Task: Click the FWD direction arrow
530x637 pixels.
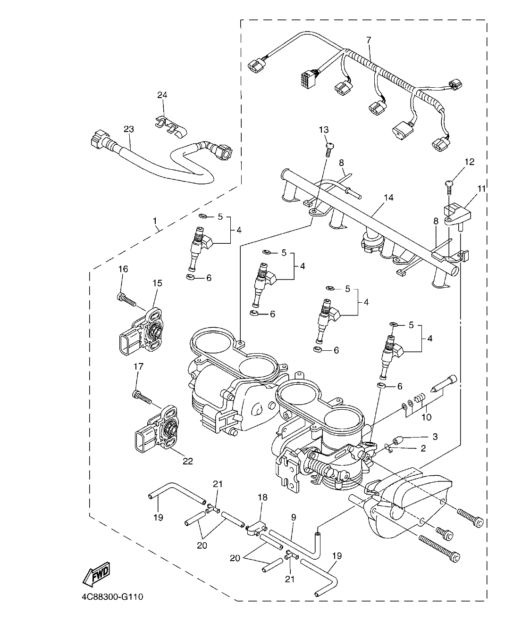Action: [96, 574]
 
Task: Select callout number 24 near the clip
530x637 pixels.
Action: [162, 95]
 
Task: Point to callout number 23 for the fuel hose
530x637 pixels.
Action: [129, 129]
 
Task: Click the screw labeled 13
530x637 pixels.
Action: [328, 149]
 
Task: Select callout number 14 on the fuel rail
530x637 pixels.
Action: [388, 197]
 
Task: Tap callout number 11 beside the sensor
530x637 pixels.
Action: [481, 189]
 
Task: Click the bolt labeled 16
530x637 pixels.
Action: [126, 298]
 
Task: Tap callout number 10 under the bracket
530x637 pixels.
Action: [426, 417]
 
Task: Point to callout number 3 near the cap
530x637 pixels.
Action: [435, 437]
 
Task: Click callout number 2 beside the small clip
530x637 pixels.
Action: [423, 448]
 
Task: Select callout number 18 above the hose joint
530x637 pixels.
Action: [262, 497]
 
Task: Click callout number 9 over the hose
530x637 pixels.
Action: [294, 517]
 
